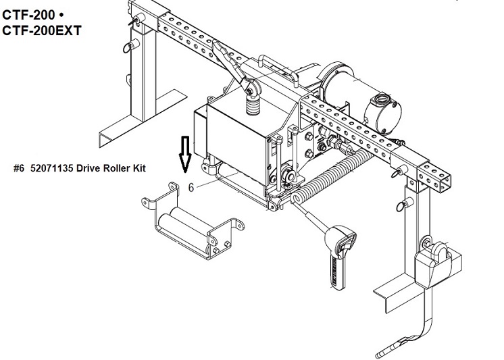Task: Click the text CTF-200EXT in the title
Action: (x=42, y=30)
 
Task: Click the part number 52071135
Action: (x=52, y=168)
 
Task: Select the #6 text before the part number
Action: (x=19, y=168)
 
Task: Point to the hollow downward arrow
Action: (x=185, y=153)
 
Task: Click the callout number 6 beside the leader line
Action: (x=191, y=187)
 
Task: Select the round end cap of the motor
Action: (x=383, y=113)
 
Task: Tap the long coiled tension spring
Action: (x=331, y=176)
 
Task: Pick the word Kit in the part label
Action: (x=139, y=168)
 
